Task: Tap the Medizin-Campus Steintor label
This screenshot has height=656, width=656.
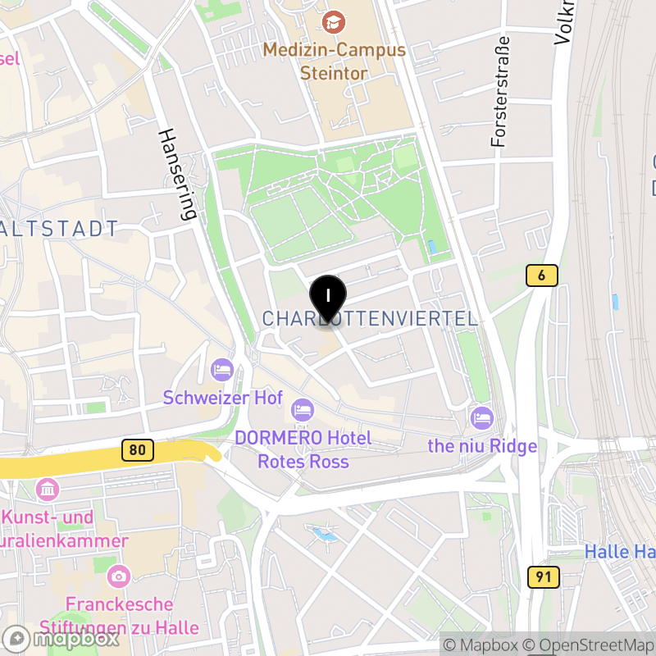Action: (334, 61)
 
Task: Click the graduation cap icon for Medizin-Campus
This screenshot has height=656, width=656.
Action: (334, 20)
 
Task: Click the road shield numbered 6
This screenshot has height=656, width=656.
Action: (542, 276)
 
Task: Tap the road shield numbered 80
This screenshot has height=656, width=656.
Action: (137, 449)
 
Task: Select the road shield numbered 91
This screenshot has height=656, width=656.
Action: (543, 577)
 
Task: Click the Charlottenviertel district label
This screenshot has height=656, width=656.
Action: (370, 319)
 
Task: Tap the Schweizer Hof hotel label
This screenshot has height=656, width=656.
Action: (223, 399)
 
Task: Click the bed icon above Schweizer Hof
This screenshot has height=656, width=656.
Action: (221, 371)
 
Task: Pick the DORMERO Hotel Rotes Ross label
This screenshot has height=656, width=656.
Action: (303, 449)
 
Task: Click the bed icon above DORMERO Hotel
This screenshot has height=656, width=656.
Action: (303, 408)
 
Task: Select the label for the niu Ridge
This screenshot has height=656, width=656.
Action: (482, 446)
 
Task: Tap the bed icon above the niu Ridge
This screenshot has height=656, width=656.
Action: (482, 418)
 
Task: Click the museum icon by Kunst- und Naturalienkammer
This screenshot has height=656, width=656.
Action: (48, 490)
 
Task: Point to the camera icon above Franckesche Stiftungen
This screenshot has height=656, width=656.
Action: (120, 576)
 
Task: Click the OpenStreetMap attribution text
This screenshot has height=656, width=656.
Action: (590, 645)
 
